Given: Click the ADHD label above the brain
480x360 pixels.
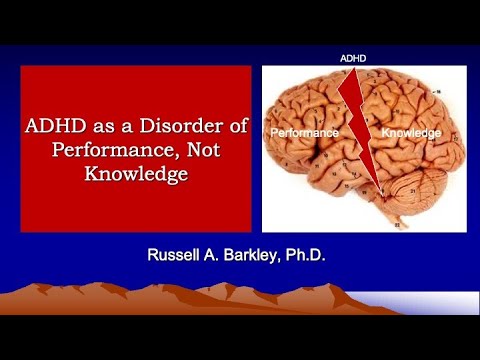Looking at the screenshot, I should pyautogui.click(x=352, y=59).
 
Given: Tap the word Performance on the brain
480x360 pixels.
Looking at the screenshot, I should pyautogui.click(x=304, y=131).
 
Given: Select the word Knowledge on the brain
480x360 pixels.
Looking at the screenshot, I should pyautogui.click(x=412, y=131).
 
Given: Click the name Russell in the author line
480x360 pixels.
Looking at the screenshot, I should pyautogui.click(x=178, y=256).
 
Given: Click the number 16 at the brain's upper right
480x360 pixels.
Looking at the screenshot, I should pyautogui.click(x=437, y=91).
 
